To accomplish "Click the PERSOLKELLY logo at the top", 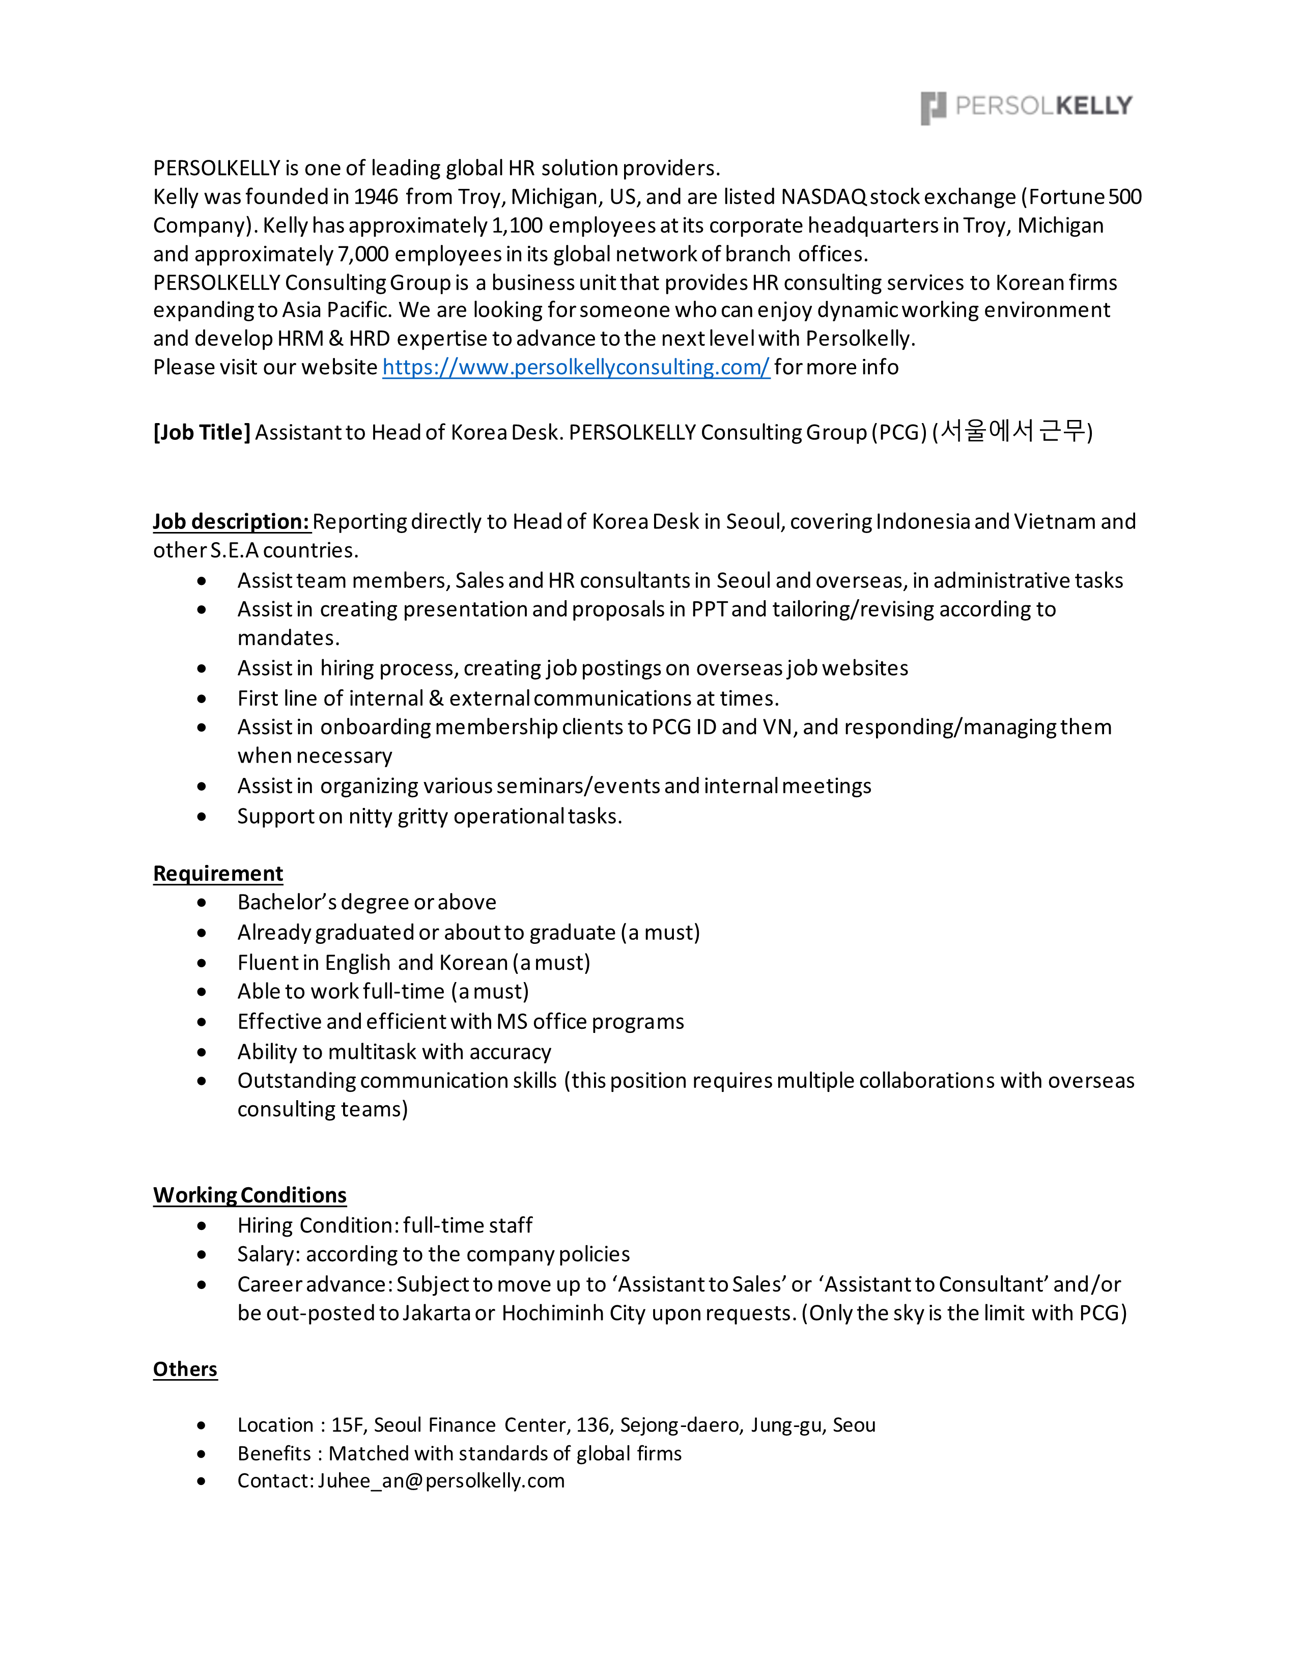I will [x=1026, y=107].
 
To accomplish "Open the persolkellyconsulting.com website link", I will [x=576, y=368].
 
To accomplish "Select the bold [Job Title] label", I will [x=202, y=432].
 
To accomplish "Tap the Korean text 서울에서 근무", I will [x=1013, y=431].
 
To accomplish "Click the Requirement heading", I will [x=218, y=874].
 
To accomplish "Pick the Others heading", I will [x=185, y=1369].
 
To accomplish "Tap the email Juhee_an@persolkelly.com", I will [x=441, y=1481].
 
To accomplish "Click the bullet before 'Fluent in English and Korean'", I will [x=202, y=963].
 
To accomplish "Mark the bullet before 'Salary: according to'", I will [x=202, y=1254].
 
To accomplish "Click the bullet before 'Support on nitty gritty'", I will [x=202, y=817].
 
